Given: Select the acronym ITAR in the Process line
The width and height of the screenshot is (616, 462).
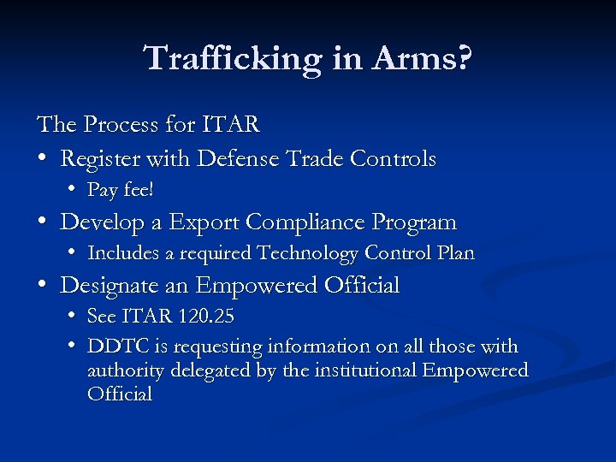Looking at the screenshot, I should pos(230,125).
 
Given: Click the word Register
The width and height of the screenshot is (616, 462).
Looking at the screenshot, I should pos(97,159).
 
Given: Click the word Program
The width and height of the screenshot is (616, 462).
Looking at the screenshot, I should pos(415,222).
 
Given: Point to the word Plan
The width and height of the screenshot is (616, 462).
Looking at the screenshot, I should pos(455,253).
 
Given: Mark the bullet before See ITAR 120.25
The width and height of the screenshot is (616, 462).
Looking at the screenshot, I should pos(75,317).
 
